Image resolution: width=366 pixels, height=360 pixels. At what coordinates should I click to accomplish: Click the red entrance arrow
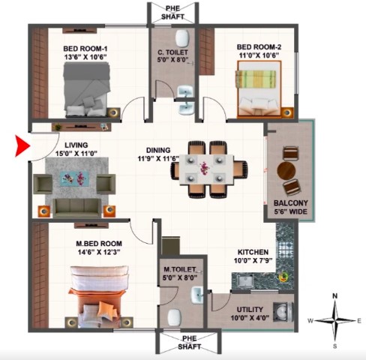tap(22, 145)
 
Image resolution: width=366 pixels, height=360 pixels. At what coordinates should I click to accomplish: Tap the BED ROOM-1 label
tap(85, 48)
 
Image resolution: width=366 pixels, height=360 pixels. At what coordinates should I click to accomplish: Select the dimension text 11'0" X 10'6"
tap(259, 55)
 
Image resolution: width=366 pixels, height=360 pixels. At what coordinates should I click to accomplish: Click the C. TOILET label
tap(172, 52)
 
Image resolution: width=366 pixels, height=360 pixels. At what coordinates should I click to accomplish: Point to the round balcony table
tap(286, 171)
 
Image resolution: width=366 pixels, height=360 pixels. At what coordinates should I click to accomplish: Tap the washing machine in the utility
tap(283, 312)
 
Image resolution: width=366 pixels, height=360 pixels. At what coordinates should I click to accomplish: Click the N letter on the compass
tap(335, 296)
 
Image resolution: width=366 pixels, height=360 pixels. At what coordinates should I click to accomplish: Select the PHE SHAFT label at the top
tap(172, 13)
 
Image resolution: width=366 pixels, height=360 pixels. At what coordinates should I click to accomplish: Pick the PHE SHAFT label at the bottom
tap(189, 343)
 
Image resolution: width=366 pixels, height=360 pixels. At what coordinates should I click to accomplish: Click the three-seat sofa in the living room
tap(77, 208)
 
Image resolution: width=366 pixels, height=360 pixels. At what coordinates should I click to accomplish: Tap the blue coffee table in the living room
tap(74, 178)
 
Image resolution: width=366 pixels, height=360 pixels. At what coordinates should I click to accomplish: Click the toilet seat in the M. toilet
tap(174, 317)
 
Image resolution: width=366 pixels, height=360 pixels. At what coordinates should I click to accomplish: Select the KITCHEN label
tap(253, 252)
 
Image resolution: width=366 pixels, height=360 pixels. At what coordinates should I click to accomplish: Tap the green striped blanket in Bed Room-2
tap(255, 79)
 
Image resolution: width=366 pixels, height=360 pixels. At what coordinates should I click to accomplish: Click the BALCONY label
tap(291, 202)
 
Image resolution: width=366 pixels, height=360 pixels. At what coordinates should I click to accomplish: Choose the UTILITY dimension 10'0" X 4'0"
tap(250, 318)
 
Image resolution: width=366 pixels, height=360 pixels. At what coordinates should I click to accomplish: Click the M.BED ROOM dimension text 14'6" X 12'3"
tap(99, 252)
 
